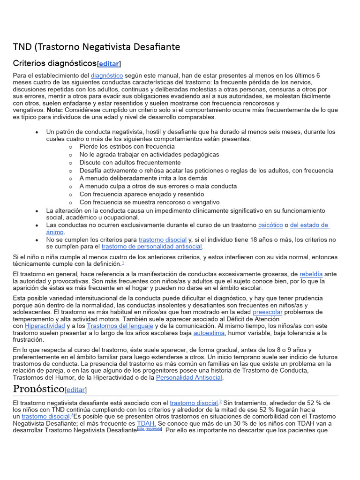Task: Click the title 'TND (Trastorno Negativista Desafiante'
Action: [96, 47]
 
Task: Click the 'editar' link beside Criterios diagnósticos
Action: [108, 64]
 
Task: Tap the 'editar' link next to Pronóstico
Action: [76, 390]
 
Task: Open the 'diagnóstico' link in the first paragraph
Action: [107, 75]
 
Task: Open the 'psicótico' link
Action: [270, 225]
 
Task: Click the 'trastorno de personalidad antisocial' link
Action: [152, 247]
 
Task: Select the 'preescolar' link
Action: [268, 312]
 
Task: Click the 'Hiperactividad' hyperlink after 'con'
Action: [45, 326]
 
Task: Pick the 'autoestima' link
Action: [209, 333]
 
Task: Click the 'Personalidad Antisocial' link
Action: [189, 377]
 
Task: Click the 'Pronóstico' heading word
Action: [38, 389]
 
